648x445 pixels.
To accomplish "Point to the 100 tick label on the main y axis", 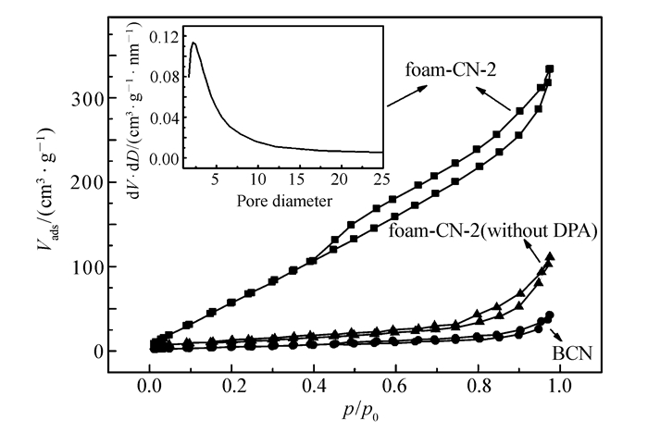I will tap(86, 266).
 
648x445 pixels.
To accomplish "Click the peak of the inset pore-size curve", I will tap(193, 43).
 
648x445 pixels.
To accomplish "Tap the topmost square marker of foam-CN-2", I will tap(550, 69).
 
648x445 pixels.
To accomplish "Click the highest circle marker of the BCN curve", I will tap(550, 315).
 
